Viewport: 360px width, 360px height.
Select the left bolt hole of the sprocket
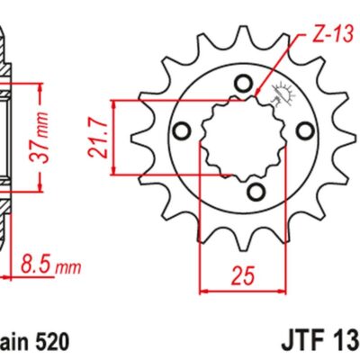coord(183,132)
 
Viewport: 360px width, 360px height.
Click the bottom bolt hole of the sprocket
coord(255,190)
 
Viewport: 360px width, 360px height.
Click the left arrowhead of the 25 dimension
coord(203,290)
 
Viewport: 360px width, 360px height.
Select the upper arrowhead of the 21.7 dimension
coord(116,104)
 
